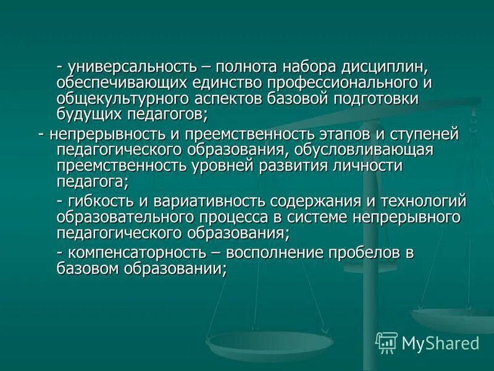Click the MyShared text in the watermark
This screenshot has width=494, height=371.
coord(440,343)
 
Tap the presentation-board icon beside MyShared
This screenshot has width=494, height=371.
coord(387,342)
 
